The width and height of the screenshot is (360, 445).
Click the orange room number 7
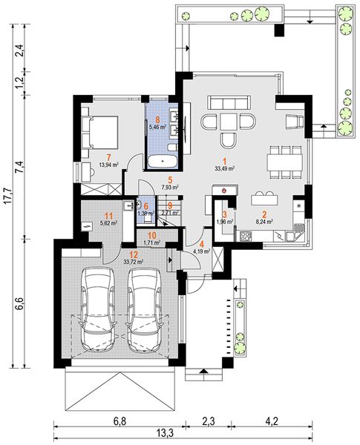coord(108,157)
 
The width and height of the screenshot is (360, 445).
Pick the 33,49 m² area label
coord(224,168)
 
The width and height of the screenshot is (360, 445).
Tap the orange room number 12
coord(134,254)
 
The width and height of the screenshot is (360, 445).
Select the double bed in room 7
coord(99,132)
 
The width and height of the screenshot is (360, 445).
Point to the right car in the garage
coord(145,309)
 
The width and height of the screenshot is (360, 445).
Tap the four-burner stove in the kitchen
coord(246,236)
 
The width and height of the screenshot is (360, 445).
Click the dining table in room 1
coord(285,162)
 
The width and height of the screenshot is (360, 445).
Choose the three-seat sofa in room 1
coord(230,103)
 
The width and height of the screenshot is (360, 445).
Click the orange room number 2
coord(264,215)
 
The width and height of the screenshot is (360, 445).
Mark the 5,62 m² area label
coord(109,223)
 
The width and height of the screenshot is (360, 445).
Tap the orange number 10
coord(152,236)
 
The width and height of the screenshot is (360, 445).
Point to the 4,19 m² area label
coord(201,251)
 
